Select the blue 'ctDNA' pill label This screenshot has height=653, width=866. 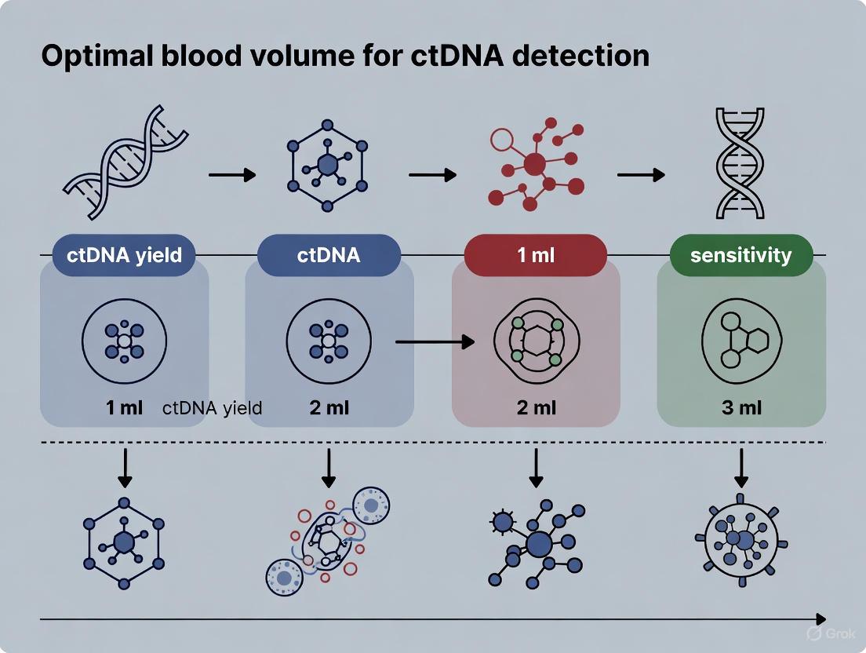[329, 255]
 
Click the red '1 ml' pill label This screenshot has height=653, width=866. [536, 255]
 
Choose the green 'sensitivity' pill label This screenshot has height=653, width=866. [741, 255]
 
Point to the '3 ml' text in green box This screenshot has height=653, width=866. [741, 408]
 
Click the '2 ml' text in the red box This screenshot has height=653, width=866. [536, 408]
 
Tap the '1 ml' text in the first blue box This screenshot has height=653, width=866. [124, 408]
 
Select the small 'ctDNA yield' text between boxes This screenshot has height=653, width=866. [212, 408]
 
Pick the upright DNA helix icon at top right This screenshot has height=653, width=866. [740, 163]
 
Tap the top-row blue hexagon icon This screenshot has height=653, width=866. [328, 164]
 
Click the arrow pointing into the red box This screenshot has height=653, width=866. [435, 341]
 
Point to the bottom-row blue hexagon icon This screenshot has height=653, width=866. [124, 542]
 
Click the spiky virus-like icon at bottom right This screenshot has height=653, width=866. [740, 541]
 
